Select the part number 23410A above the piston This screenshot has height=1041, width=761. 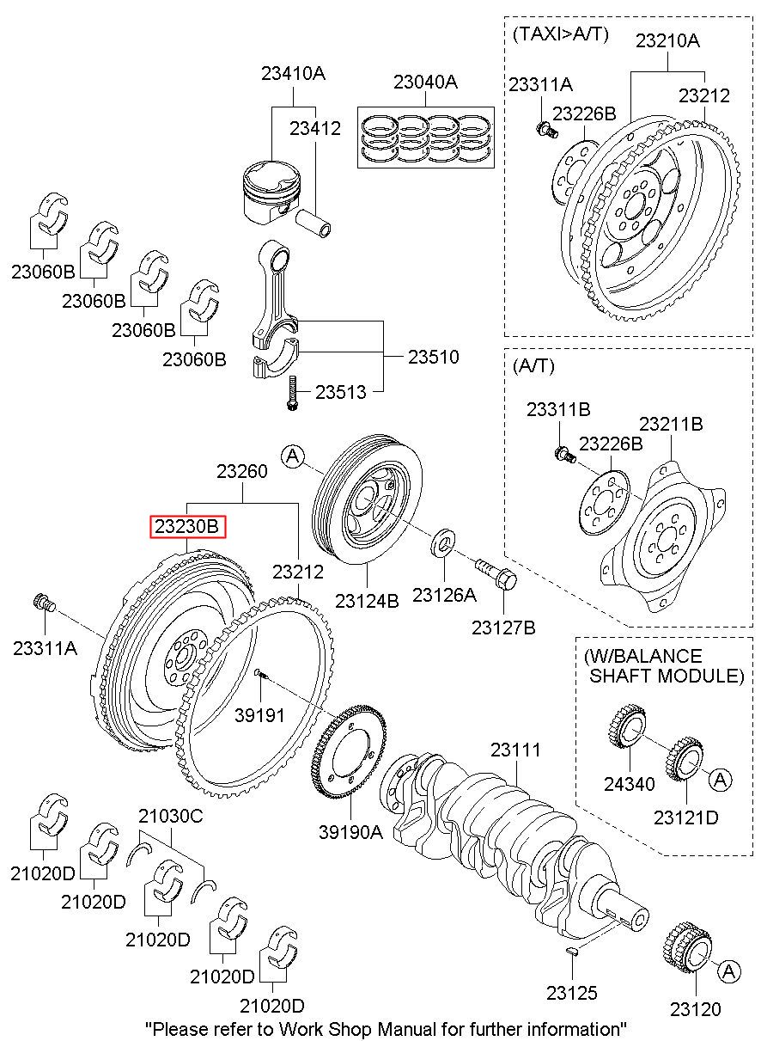[293, 75]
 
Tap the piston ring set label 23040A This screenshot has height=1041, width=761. [425, 83]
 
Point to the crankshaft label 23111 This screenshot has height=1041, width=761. [515, 750]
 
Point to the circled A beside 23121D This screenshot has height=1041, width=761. [720, 779]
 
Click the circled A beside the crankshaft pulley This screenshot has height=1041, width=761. [292, 456]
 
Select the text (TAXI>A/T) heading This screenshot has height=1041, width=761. [560, 34]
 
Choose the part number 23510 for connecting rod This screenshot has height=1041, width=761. [433, 356]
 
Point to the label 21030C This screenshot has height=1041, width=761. [170, 817]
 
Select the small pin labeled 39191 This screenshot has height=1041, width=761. [262, 677]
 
